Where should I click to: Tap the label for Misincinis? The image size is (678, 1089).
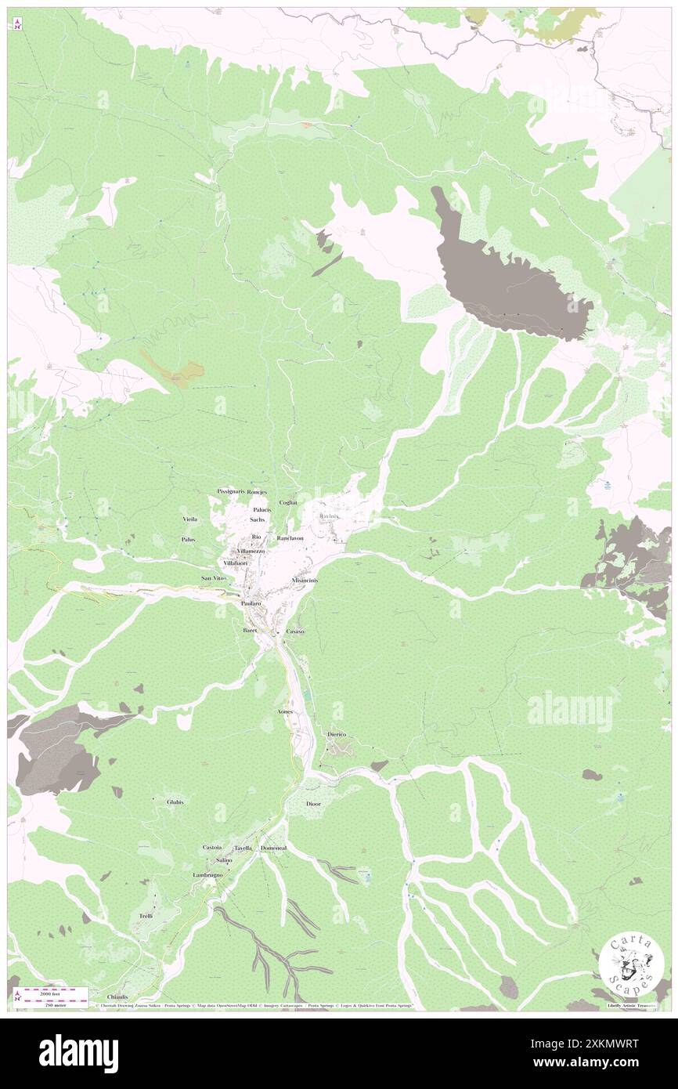pyautogui.click(x=305, y=580)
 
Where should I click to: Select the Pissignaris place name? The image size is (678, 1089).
pyautogui.click(x=230, y=491)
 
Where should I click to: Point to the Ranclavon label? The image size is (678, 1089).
pyautogui.click(x=290, y=539)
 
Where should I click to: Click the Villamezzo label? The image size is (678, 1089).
pyautogui.click(x=251, y=552)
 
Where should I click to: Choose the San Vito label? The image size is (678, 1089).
pyautogui.click(x=213, y=578)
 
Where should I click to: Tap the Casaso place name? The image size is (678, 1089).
pyautogui.click(x=295, y=631)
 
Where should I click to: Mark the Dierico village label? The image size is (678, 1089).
pyautogui.click(x=337, y=734)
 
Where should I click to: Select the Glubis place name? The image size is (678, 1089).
pyautogui.click(x=175, y=801)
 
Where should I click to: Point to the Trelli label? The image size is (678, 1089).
pyautogui.click(x=146, y=916)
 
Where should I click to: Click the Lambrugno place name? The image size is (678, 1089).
pyautogui.click(x=208, y=874)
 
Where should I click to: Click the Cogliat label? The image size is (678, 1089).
pyautogui.click(x=288, y=502)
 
